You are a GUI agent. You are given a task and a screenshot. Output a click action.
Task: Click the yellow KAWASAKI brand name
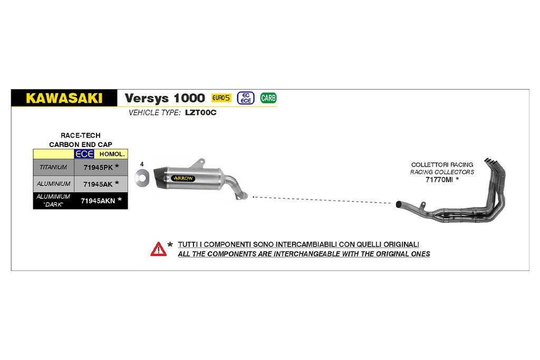pyautogui.click(x=64, y=98)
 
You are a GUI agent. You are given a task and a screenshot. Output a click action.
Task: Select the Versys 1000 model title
pyautogui.click(x=165, y=98)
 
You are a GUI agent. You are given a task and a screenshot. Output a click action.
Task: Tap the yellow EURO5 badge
pyautogui.click(x=221, y=98)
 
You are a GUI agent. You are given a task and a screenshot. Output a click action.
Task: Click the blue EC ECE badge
pyautogui.click(x=246, y=98)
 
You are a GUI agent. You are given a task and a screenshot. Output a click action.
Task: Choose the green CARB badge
pyautogui.click(x=268, y=98)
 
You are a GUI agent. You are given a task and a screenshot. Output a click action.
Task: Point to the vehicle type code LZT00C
pyautogui.click(x=201, y=113)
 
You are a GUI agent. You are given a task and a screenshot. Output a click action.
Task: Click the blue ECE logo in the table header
pyautogui.click(x=84, y=154)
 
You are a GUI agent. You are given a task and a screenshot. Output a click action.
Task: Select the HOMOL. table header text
pyautogui.click(x=112, y=154)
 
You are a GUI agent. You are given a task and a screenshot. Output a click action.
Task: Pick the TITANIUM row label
pyautogui.click(x=53, y=167)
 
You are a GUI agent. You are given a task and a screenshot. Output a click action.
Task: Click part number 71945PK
pyautogui.click(x=98, y=168)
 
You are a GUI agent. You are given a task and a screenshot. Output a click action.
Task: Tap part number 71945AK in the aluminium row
pyautogui.click(x=98, y=184)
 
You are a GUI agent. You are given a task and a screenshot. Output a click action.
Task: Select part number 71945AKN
pyautogui.click(x=98, y=201)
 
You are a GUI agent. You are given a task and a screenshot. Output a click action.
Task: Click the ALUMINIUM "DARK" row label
pyautogui.click(x=53, y=200)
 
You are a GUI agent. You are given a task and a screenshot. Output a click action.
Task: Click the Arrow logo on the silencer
pyautogui.click(x=183, y=178)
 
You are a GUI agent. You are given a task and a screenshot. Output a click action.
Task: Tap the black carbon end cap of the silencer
pyautogui.click(x=160, y=178)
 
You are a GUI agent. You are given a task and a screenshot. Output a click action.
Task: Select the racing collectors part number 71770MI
pyautogui.click(x=439, y=180)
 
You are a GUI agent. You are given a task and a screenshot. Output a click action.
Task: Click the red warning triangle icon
pyautogui.click(x=158, y=249)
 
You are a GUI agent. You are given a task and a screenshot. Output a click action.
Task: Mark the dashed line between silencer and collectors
pyautogui.click(x=322, y=200)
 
